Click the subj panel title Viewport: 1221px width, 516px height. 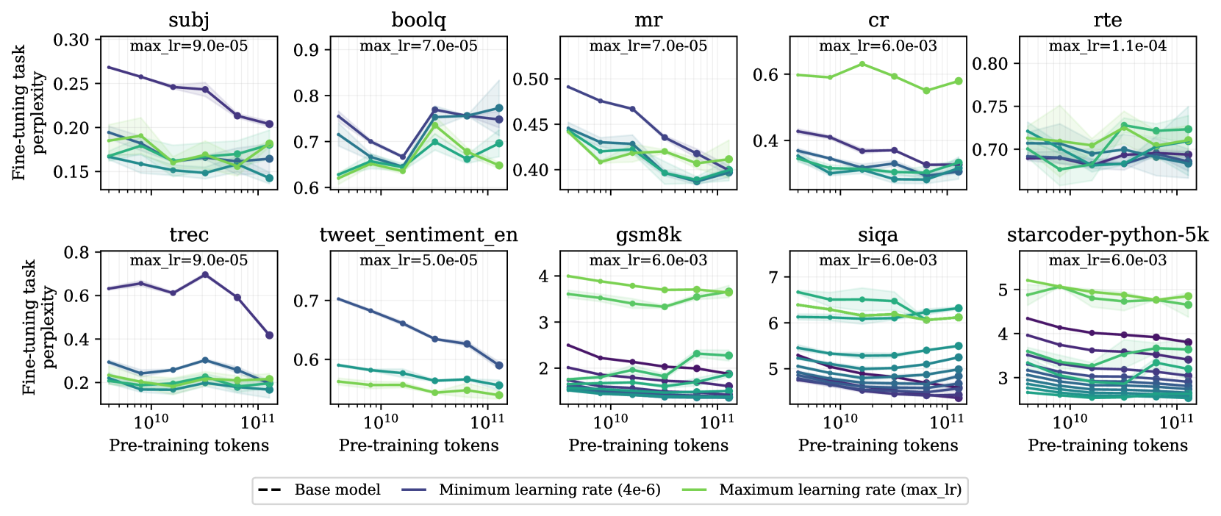click(x=189, y=20)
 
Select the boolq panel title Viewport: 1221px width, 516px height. click(x=418, y=20)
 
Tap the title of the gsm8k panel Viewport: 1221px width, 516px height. click(x=648, y=234)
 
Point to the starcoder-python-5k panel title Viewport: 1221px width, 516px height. click(x=1107, y=234)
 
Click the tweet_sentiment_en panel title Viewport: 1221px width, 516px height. click(x=418, y=234)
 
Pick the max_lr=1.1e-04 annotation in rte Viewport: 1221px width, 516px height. click(x=1107, y=46)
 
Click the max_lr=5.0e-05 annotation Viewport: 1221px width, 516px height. click(x=418, y=260)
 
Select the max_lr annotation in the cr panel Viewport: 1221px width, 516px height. click(x=878, y=46)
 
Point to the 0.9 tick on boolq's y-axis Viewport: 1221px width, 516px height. click(x=306, y=50)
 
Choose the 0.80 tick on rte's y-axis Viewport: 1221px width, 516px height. click(x=990, y=64)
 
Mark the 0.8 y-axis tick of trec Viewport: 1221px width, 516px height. click(x=77, y=253)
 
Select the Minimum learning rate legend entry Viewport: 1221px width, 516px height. click(x=549, y=490)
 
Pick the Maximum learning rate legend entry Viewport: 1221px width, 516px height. click(x=840, y=490)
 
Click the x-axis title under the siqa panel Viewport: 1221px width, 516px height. click(x=878, y=445)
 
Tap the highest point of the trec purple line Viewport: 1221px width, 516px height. click(x=205, y=275)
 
